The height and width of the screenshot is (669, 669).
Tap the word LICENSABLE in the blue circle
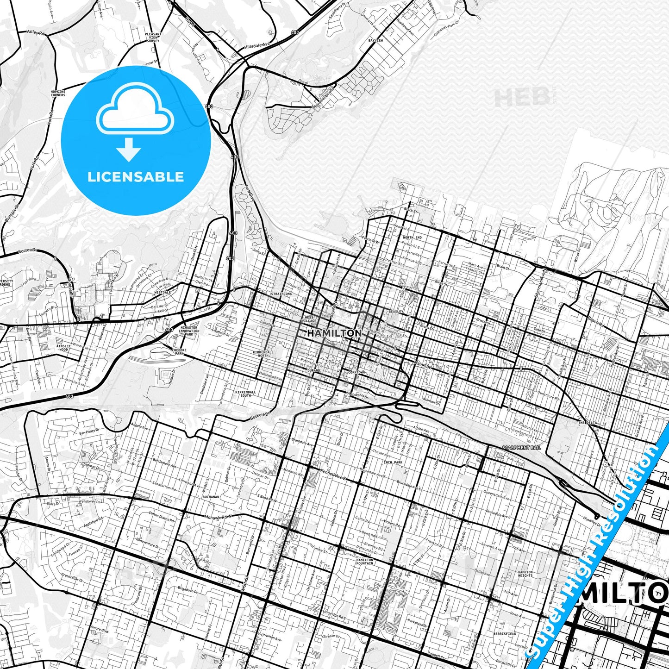[136, 177]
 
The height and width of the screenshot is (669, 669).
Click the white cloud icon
[135, 111]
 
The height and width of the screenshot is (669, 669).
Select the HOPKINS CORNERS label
[58, 94]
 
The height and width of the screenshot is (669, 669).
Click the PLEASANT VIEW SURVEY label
[153, 38]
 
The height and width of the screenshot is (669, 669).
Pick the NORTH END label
[412, 238]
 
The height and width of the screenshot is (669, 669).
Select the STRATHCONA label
[281, 294]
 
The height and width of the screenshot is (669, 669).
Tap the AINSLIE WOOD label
[64, 348]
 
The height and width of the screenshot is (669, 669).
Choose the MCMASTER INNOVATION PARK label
[188, 331]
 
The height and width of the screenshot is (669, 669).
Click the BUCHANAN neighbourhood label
[211, 496]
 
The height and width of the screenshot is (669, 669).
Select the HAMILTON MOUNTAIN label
[365, 562]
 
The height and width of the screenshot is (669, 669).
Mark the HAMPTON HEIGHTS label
[525, 574]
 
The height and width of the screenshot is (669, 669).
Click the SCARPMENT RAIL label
[521, 448]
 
